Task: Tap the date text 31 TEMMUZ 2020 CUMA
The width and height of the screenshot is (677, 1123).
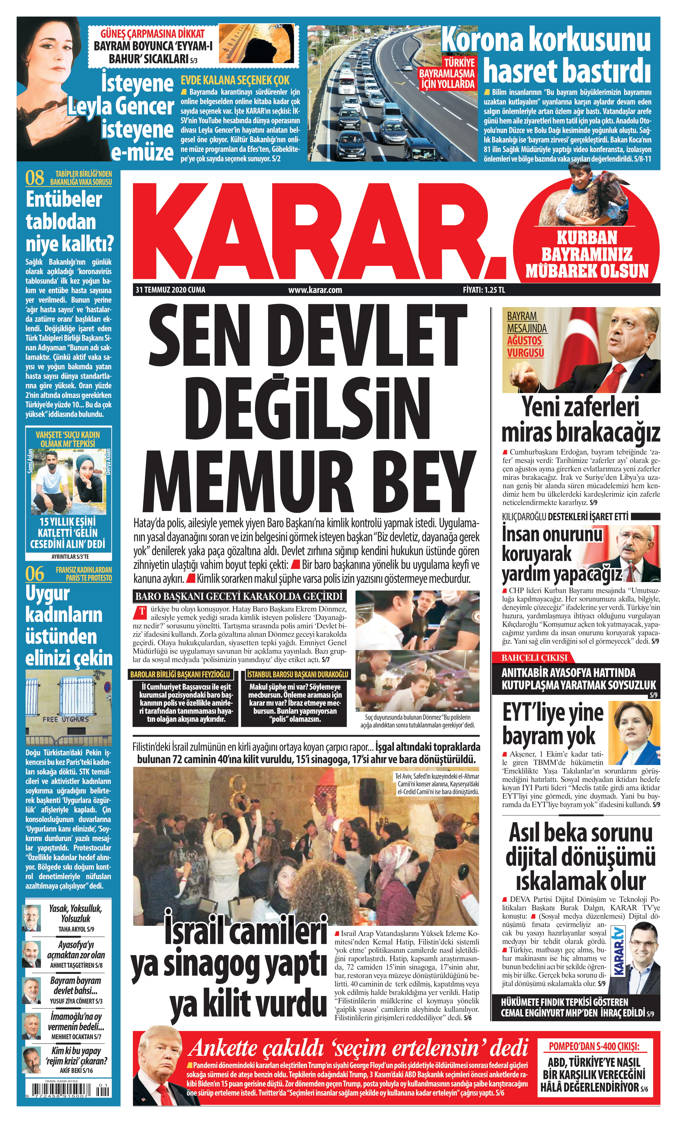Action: [x=170, y=290]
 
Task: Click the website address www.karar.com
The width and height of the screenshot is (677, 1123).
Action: [x=315, y=290]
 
